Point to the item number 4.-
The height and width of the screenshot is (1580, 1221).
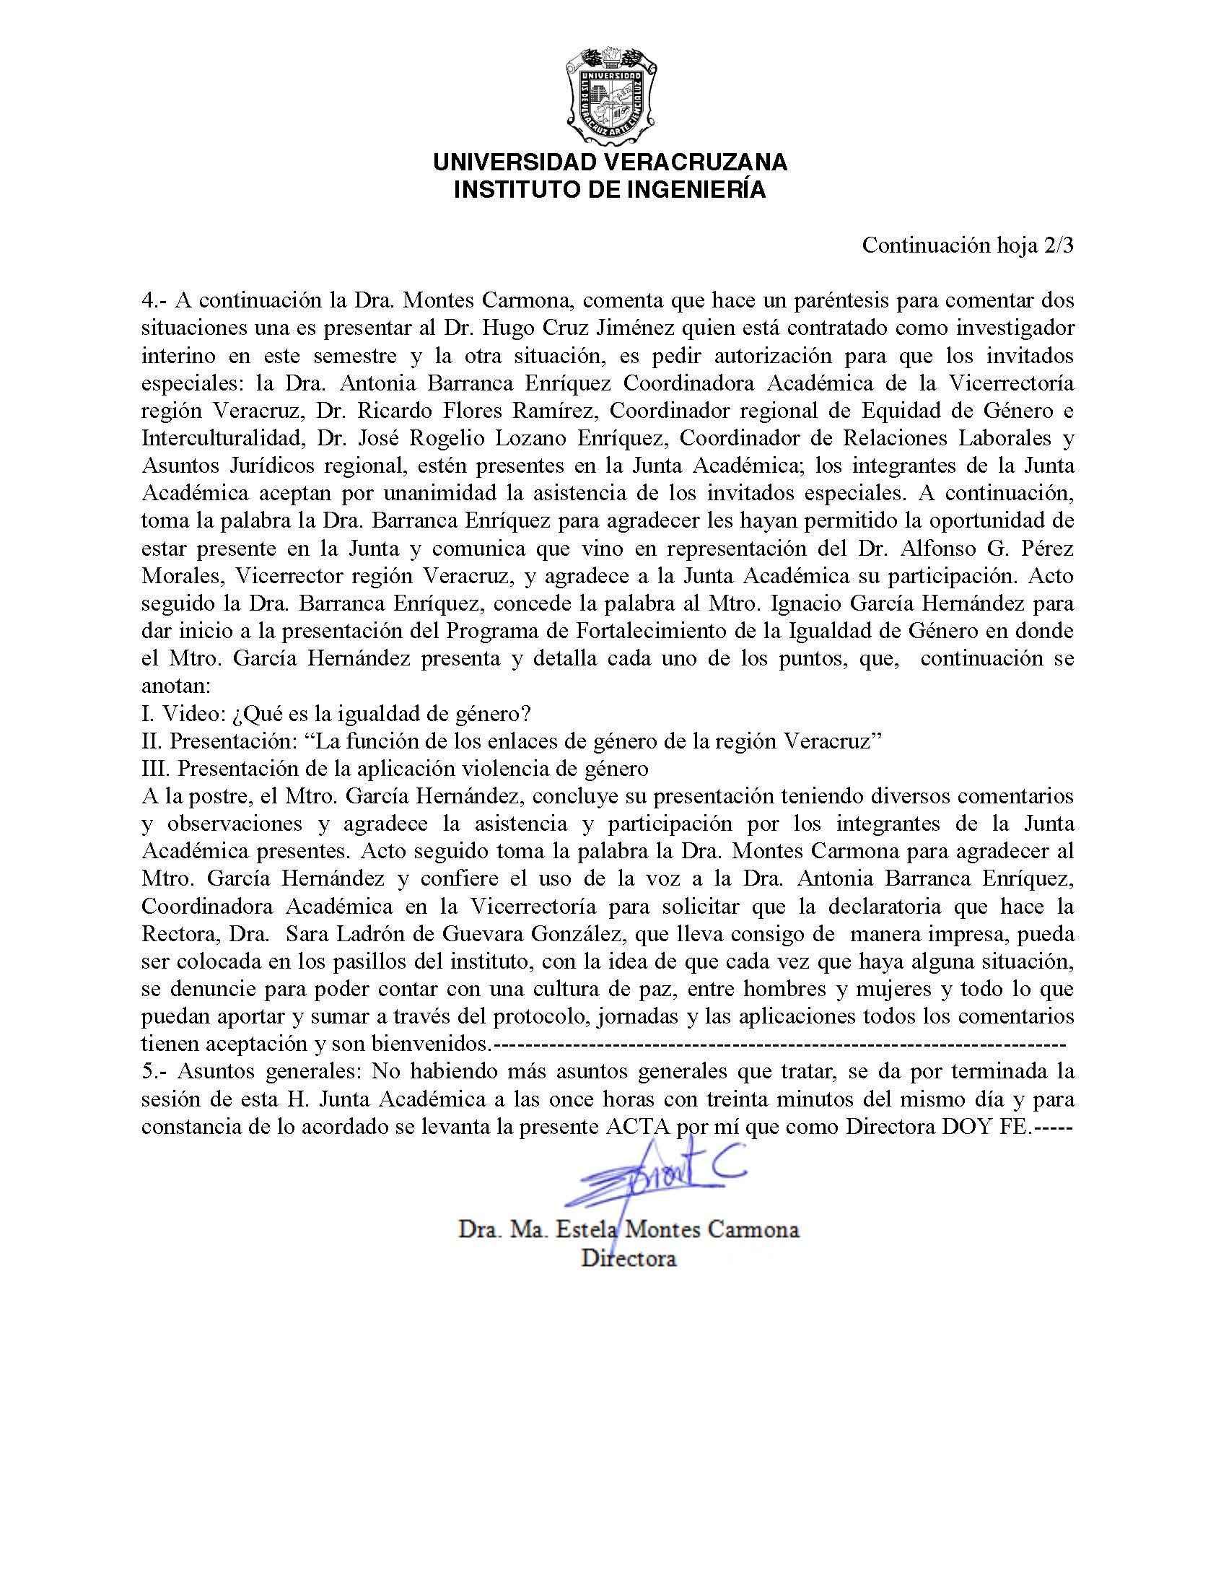(x=154, y=300)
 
